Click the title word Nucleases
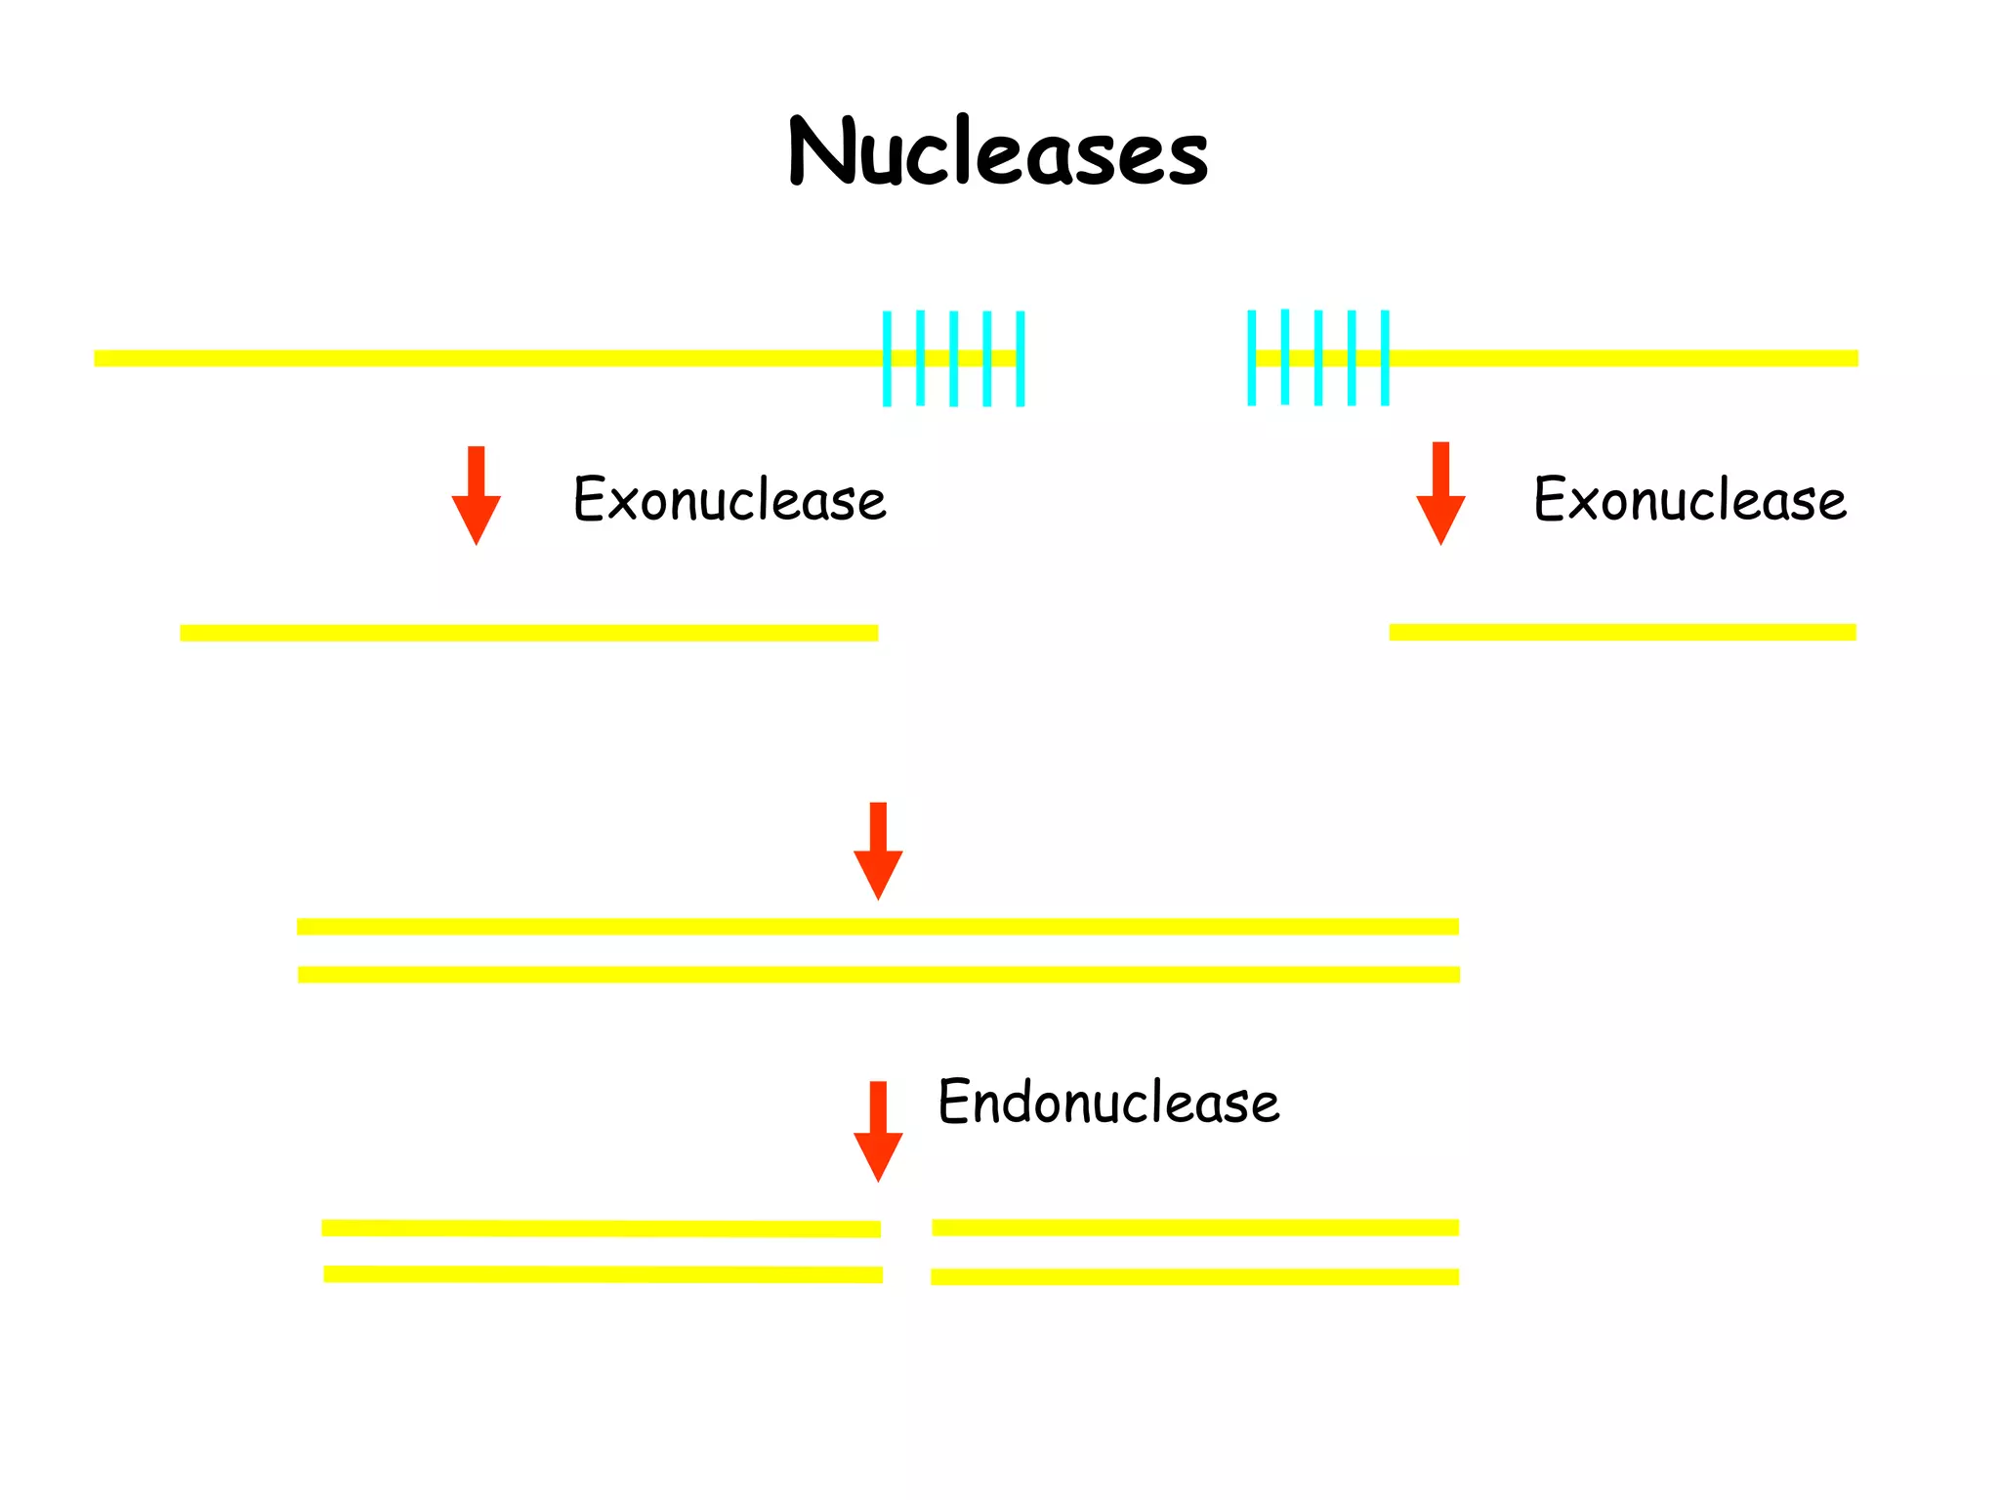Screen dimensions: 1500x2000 pos(998,151)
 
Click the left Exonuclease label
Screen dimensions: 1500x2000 pos(729,499)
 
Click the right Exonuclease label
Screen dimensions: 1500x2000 pos(1689,499)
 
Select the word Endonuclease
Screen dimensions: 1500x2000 pos(1108,1102)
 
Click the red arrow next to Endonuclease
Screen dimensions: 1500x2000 pos(878,1132)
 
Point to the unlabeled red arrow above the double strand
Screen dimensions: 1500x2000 pos(878,851)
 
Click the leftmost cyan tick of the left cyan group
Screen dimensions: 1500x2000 pos(887,358)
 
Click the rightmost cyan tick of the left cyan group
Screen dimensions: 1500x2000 pos(1021,358)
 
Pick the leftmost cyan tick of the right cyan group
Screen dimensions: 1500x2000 pos(1251,357)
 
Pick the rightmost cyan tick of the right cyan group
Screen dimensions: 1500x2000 pos(1385,357)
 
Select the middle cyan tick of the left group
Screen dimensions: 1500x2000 pos(953,358)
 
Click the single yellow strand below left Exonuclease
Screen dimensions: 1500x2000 pos(528,633)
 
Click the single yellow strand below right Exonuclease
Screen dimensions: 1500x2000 pos(1622,632)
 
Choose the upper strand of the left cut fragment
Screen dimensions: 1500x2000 pos(601,1229)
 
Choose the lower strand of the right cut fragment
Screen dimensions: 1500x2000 pos(1194,1276)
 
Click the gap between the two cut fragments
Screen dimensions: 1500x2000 pos(906,1252)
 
